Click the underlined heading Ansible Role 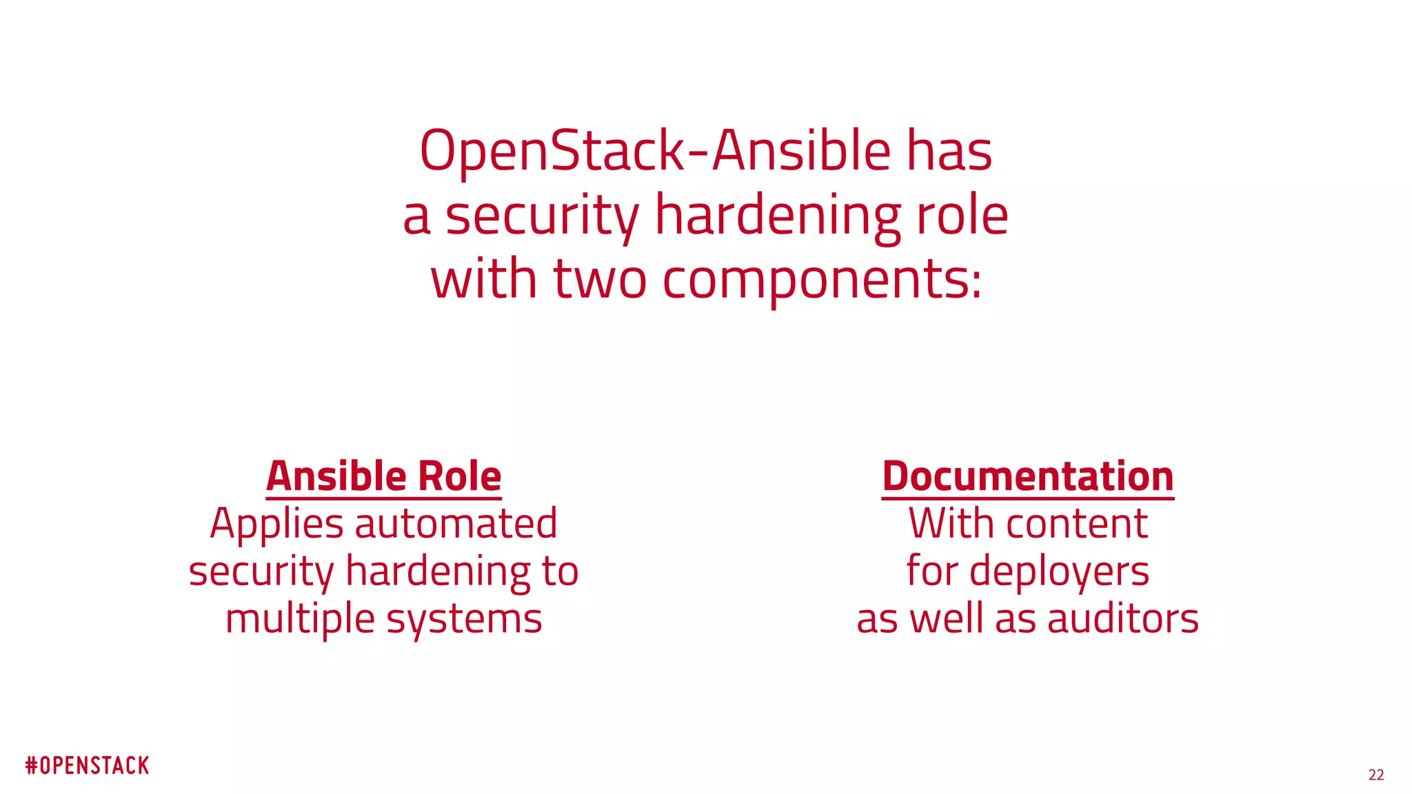click(x=383, y=477)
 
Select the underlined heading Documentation click(x=1027, y=477)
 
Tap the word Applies click(x=276, y=525)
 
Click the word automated click(x=456, y=524)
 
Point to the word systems click(x=464, y=619)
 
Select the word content click(x=1077, y=524)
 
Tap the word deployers click(x=1059, y=572)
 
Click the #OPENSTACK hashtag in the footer click(x=87, y=766)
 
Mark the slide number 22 click(x=1375, y=775)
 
